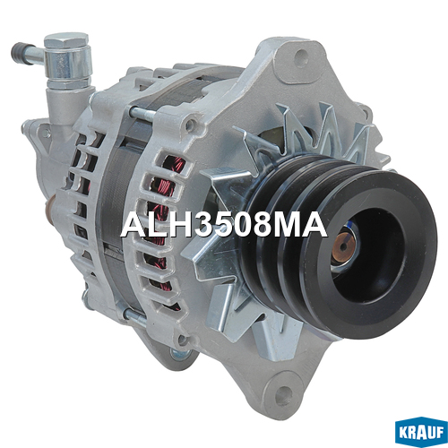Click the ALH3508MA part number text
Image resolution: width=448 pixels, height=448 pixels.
tap(224, 226)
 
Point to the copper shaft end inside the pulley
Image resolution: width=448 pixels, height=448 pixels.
tap(343, 246)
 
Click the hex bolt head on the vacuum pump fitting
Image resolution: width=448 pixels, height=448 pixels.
tap(66, 40)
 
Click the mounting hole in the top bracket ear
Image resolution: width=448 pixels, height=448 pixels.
tap(301, 56)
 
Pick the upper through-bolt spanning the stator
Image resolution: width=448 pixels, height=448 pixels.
tap(143, 114)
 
